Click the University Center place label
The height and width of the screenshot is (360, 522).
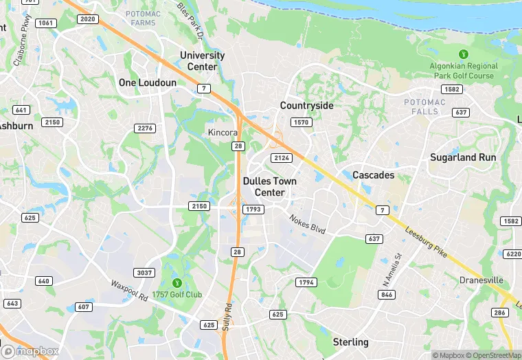coord(202,60)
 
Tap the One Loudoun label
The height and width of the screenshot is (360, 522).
coord(147,82)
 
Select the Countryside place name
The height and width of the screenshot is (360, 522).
coord(306,106)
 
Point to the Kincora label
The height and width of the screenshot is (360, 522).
coord(223,131)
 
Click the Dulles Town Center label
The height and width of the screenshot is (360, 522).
coord(270,187)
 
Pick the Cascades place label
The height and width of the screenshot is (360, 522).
coord(373,175)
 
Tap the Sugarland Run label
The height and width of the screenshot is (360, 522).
coord(463,157)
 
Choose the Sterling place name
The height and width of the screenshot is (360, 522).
coord(350,342)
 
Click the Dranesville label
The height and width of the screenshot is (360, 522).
coord(481,280)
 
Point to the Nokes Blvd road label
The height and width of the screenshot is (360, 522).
coord(306,223)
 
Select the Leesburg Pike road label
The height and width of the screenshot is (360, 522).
coord(427,243)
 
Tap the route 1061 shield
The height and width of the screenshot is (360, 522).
coord(46,23)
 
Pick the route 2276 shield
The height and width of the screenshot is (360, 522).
coord(145,128)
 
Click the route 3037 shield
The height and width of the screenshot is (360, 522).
coord(144,273)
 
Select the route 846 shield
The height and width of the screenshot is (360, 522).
coord(387,294)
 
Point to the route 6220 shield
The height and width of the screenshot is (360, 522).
coord(512,254)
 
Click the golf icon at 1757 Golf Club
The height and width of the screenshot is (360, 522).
coord(177,282)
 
